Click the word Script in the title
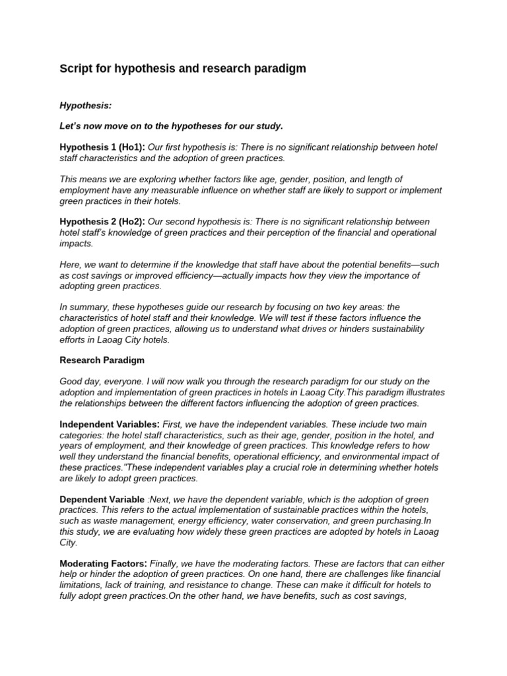[x=75, y=69]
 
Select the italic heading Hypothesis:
[x=84, y=105]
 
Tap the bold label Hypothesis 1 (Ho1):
[x=102, y=147]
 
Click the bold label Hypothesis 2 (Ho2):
[x=102, y=221]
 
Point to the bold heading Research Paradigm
[x=102, y=360]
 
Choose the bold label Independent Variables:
[x=110, y=423]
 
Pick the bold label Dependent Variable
[x=102, y=499]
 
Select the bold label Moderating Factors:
[x=103, y=563]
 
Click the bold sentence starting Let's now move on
[x=171, y=126]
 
